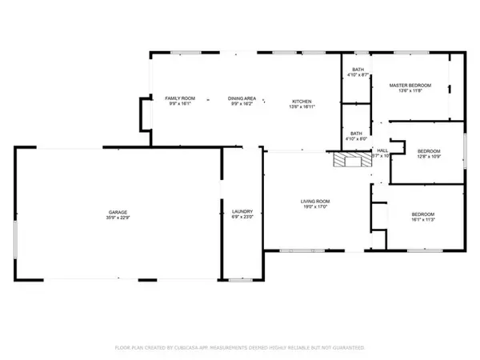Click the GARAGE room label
coord(119,211)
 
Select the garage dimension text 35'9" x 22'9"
coord(119,218)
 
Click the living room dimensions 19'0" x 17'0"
coord(315,207)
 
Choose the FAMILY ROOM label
coord(179,98)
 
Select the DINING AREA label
coord(241,98)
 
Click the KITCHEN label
coord(302,102)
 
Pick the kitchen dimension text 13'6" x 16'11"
coord(302,107)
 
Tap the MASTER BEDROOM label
coord(410,85)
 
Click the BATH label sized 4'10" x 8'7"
coord(357,70)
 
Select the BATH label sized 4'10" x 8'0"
coord(357,134)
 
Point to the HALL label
coord(382,150)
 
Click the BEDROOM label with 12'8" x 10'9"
coord(428,150)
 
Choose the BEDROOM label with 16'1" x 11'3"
coord(422,214)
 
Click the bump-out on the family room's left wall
coord(145,114)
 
